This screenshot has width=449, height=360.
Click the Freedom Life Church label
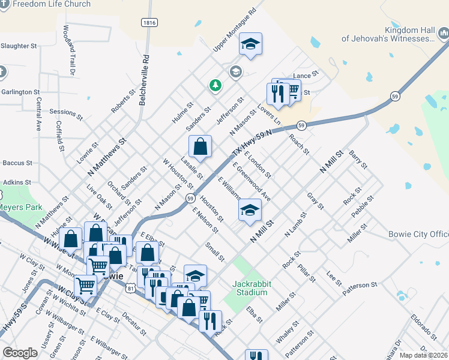click(52, 4)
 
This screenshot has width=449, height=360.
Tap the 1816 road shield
click(149, 22)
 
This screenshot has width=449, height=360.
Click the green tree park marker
click(215, 86)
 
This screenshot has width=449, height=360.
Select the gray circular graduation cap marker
click(235, 71)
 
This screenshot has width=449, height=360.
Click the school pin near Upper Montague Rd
click(250, 44)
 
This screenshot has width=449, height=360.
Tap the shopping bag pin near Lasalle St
click(200, 146)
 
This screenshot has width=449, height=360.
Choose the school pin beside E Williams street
click(250, 210)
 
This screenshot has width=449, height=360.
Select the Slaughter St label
click(19, 46)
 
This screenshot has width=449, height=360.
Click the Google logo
click(20, 353)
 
